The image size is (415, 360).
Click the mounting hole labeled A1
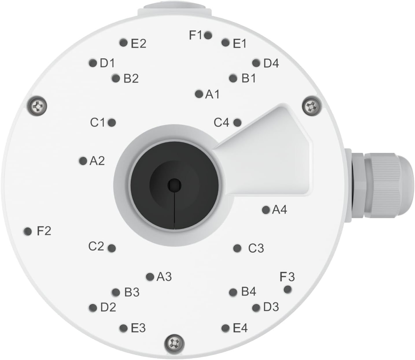199,94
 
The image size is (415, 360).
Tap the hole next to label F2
27,231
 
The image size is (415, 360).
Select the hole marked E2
123,43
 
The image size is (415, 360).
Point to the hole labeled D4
256,63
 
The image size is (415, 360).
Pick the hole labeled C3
237,248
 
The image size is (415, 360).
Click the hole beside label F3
287,289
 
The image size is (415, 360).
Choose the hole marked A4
266,210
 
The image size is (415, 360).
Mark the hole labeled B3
116,292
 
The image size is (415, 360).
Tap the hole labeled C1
112,123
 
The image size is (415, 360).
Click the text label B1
249,78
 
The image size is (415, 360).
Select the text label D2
108,307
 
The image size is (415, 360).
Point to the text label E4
240,328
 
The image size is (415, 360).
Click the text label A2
97,161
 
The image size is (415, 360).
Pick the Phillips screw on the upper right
311,106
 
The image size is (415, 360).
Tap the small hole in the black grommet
175,184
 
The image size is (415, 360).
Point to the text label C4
221,123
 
